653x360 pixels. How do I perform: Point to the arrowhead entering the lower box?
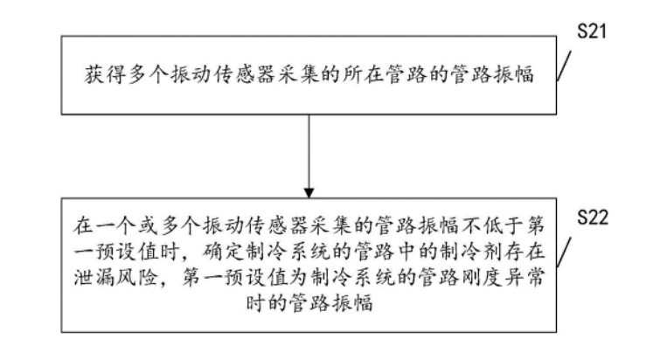tap(309, 190)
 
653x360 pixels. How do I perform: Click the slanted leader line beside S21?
tap(566, 66)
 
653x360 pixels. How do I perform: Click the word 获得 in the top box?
tap(94, 76)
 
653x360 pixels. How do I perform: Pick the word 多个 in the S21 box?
tap(137, 76)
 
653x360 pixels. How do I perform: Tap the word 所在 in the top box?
tap(352, 76)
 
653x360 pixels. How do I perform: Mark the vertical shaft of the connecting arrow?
tap(309, 149)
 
